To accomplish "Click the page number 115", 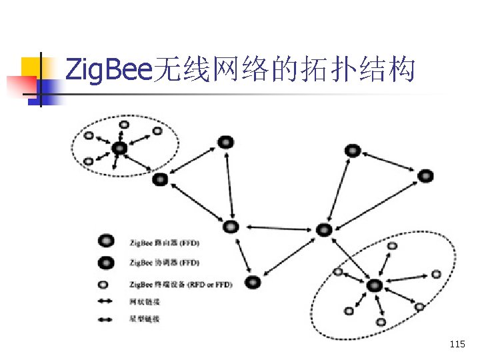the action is pos(457,344).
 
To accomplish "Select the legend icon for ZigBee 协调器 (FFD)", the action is pos(106,263).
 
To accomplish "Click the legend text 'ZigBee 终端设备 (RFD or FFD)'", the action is pos(180,285).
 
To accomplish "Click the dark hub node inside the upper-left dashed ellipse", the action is pos(119,148).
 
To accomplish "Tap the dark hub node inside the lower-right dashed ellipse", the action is pos(374,285).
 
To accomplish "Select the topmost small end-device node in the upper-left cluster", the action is pos(123,125).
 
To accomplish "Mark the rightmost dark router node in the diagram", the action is pos(425,176).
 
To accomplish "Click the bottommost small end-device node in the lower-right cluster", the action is pos(381,322).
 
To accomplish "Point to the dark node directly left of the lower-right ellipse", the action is pos(253,283).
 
